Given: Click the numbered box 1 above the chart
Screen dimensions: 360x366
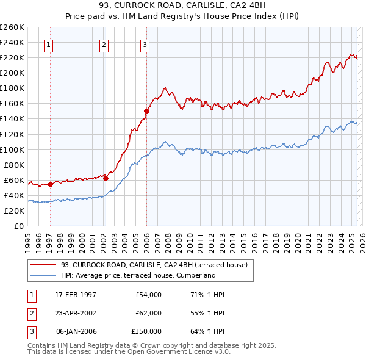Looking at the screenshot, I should [x=48, y=44].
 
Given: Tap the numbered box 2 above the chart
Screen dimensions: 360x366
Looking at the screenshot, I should [x=104, y=44].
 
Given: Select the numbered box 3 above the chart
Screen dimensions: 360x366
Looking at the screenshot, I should [x=145, y=44].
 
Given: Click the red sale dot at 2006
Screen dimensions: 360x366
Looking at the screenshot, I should [x=146, y=111].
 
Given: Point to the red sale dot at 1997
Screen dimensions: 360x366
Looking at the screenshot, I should [x=50, y=184].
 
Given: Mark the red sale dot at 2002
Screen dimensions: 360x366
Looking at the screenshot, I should [x=106, y=178].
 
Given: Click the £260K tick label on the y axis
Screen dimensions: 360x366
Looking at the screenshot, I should [x=12, y=27].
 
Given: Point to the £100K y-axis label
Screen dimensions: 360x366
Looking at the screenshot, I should [x=12, y=149].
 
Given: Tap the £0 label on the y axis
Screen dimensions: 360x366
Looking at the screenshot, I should [x=18, y=226].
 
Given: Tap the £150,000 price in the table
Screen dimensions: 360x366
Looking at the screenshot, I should [x=146, y=331].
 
